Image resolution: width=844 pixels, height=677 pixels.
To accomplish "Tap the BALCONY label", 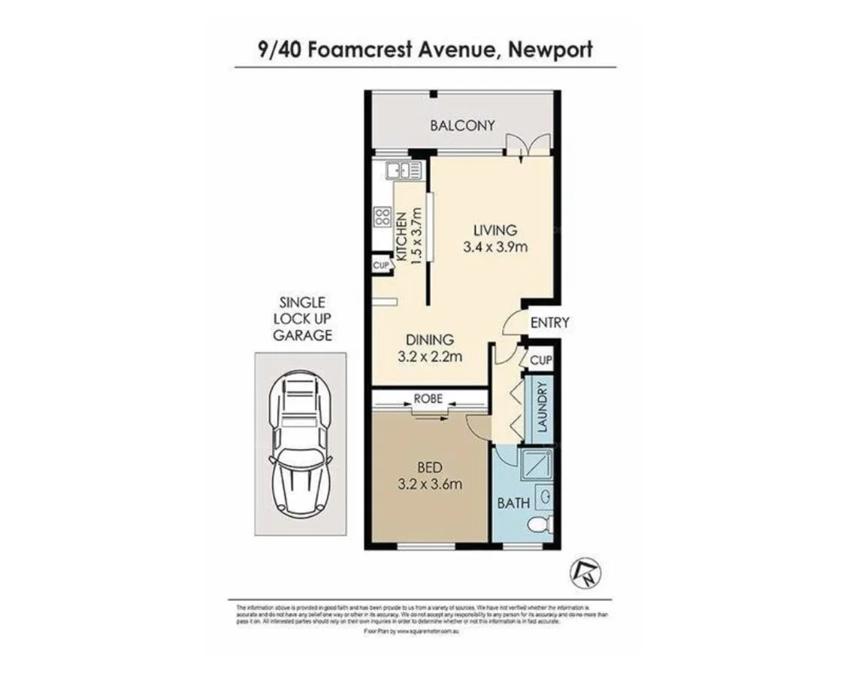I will (x=462, y=125).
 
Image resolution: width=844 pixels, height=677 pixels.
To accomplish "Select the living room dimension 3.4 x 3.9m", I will (x=495, y=246).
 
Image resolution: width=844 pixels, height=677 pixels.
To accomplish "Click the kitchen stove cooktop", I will (x=382, y=218).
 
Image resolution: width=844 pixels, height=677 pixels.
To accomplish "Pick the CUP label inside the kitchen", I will (x=380, y=265).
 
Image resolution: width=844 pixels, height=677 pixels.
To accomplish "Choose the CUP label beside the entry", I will (x=540, y=360).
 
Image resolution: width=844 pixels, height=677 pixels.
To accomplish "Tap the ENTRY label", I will (x=549, y=323).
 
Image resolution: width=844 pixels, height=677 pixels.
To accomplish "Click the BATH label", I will (x=514, y=502).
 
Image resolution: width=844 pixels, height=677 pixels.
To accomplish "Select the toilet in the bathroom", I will (x=541, y=524).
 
